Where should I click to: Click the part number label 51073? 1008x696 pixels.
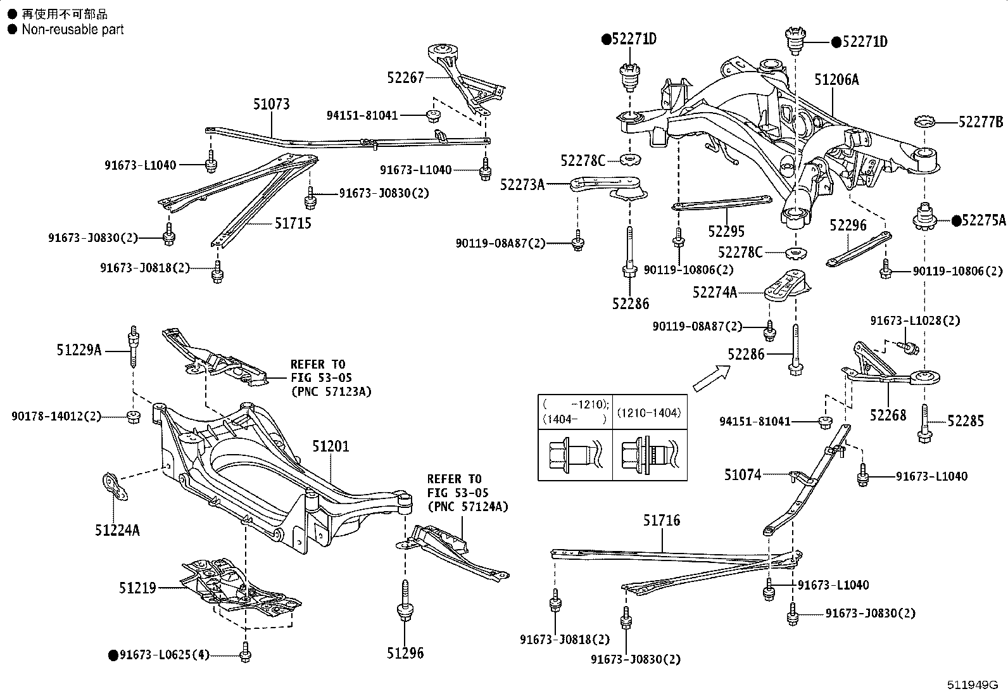272,104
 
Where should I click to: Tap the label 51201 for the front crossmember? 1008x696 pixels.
331,447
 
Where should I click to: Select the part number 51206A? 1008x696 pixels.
836,80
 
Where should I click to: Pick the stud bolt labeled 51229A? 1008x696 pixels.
134,347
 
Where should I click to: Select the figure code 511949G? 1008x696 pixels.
972,685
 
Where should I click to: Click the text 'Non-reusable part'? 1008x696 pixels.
72,29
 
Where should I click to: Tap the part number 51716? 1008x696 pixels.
662,521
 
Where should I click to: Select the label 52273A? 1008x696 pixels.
522,184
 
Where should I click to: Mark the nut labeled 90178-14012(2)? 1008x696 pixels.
133,417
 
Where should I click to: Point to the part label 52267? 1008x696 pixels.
405,77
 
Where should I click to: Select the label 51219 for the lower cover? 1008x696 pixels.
137,588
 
